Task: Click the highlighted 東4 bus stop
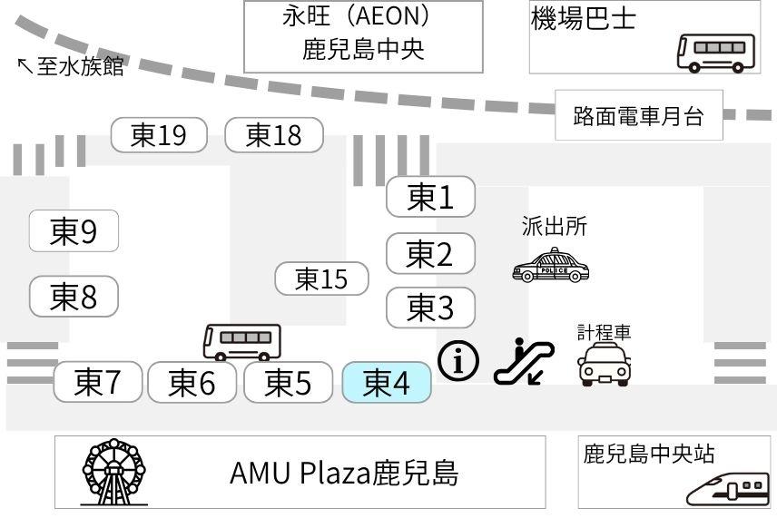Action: tap(386, 383)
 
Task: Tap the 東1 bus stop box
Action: tap(430, 197)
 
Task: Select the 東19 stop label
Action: tap(158, 135)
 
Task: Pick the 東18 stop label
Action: tap(273, 135)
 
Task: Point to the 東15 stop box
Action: tap(321, 279)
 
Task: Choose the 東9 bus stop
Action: tap(74, 231)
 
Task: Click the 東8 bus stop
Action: tap(74, 296)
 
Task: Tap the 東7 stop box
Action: tap(98, 382)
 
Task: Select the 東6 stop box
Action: tap(192, 383)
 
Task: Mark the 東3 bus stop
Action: tap(430, 308)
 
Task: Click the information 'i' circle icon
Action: tap(458, 360)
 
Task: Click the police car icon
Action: tap(551, 265)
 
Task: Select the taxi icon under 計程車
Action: tap(605, 365)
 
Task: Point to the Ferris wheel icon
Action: tap(114, 471)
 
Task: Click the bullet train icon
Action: tap(728, 490)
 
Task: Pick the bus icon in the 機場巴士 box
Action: tap(716, 52)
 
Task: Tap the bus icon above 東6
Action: tap(241, 341)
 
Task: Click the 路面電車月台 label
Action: tap(638, 116)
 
